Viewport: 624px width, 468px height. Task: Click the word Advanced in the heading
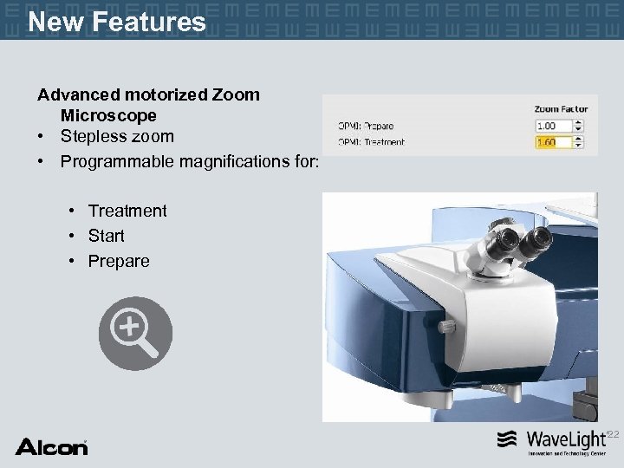pos(77,94)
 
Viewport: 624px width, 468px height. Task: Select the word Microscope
pos(108,115)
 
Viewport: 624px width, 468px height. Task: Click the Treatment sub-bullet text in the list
pos(127,211)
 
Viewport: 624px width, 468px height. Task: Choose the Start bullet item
pos(107,236)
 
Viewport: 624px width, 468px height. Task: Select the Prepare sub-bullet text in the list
pos(119,261)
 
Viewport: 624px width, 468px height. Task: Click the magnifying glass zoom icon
pos(135,334)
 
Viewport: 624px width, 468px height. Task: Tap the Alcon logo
pos(52,447)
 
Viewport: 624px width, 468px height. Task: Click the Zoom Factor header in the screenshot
pos(561,109)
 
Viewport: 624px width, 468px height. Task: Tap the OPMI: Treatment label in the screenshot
pos(370,142)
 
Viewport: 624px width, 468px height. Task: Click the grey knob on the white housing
pos(446,328)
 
